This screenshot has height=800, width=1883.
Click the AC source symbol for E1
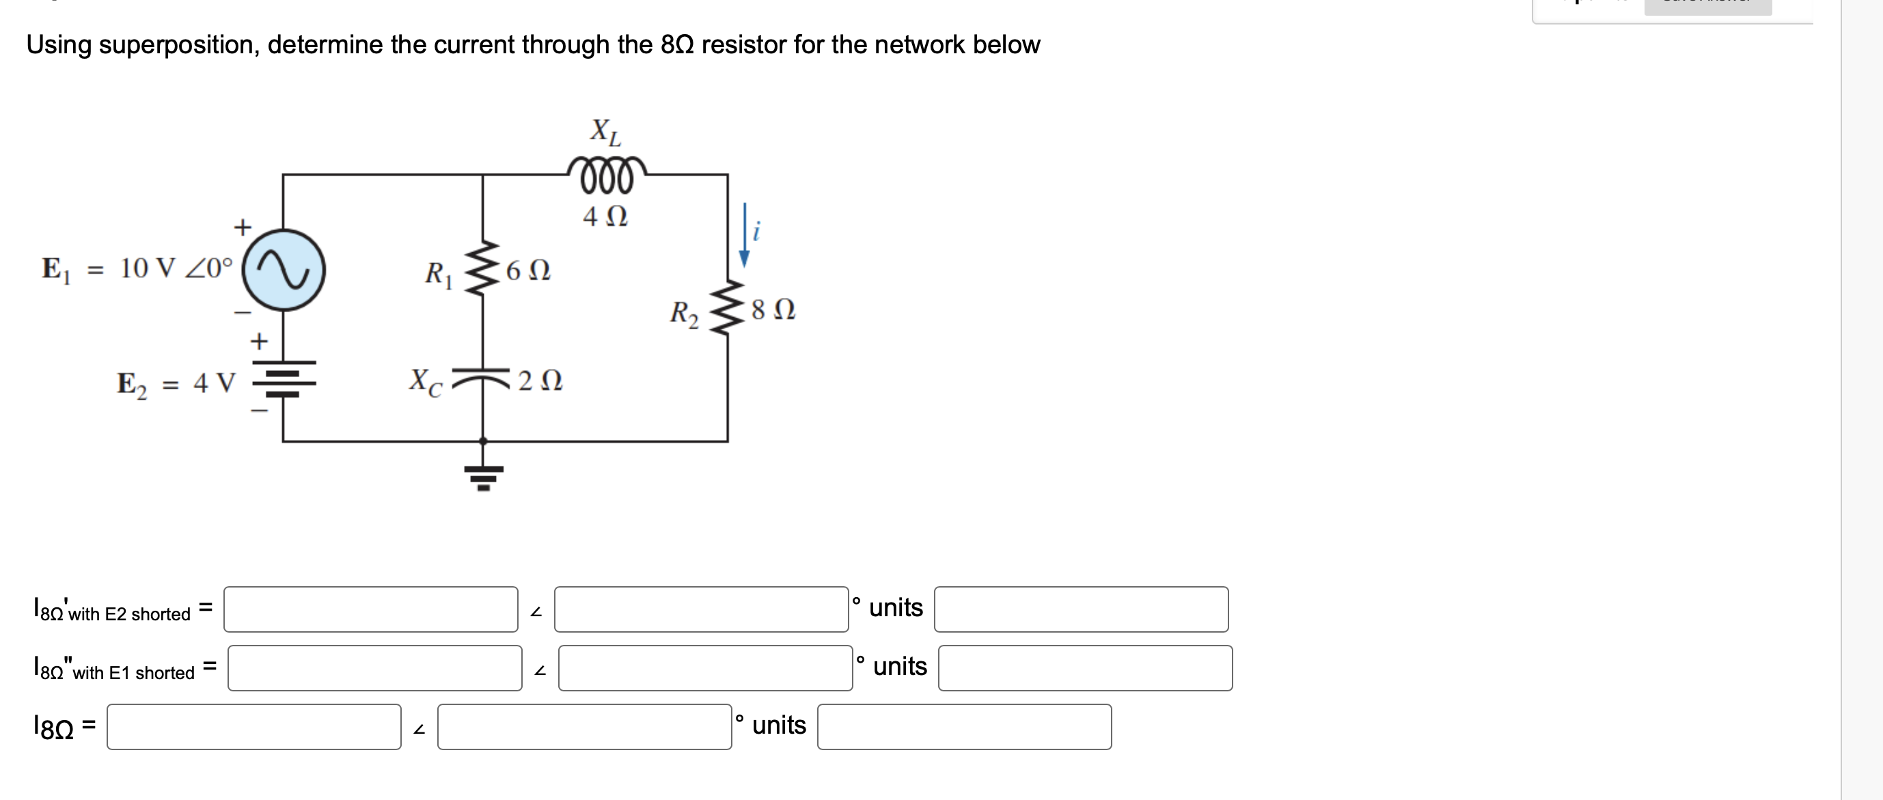[x=284, y=270]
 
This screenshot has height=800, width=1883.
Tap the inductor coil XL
[x=606, y=176]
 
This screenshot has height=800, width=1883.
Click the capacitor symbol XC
[x=482, y=377]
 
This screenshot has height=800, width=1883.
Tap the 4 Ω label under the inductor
[x=605, y=217]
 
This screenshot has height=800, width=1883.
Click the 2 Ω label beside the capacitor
[x=540, y=381]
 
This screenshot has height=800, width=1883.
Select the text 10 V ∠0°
[x=176, y=268]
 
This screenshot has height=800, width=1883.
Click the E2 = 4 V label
[x=176, y=383]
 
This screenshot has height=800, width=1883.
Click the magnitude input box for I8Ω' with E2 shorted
[x=370, y=609]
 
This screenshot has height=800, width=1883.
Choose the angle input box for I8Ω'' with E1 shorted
[x=704, y=667]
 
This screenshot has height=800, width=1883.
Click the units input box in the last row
[x=963, y=727]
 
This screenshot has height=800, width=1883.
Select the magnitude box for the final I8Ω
[x=253, y=727]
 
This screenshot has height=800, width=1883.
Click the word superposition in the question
[x=179, y=45]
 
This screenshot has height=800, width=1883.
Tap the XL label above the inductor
[x=605, y=131]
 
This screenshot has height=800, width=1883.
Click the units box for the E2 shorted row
[x=1080, y=609]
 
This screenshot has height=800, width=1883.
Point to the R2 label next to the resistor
[x=684, y=314]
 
